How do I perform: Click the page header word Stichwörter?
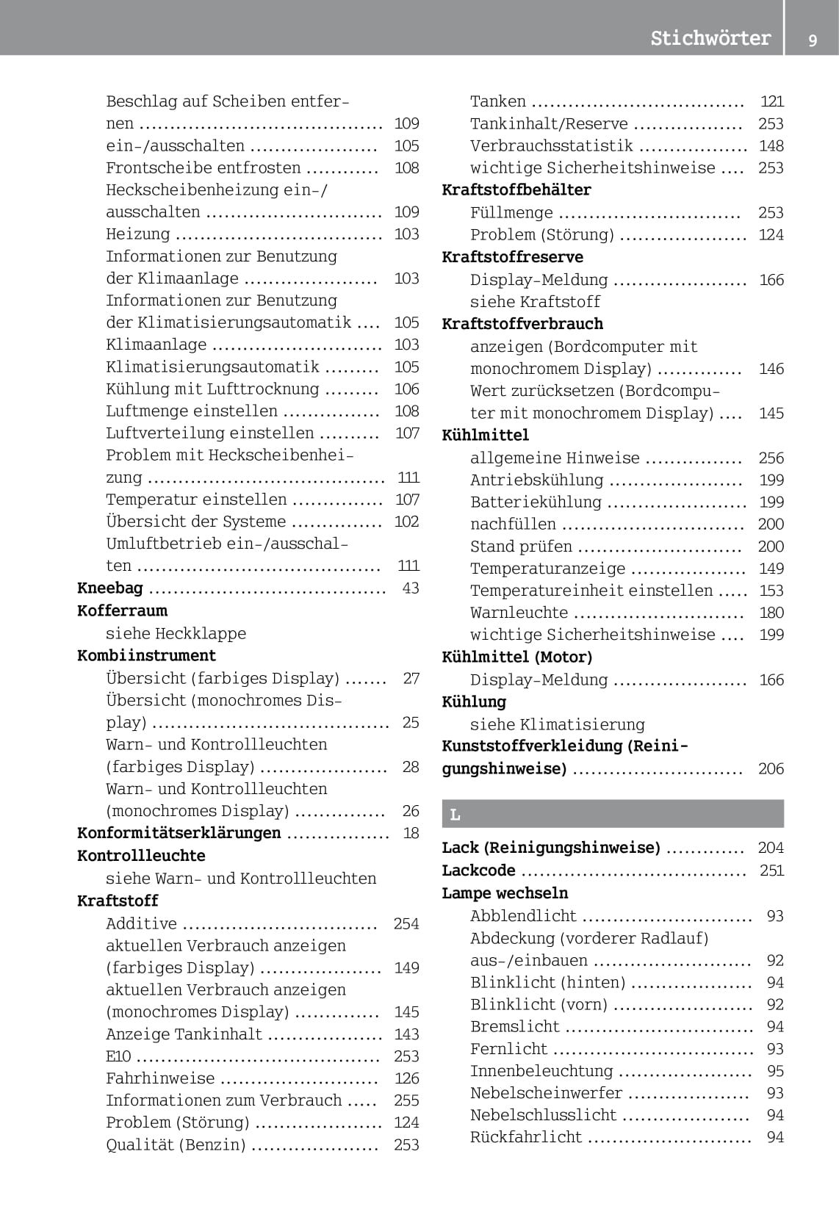(x=710, y=38)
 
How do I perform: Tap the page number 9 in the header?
(x=813, y=40)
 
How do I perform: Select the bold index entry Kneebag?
(x=110, y=588)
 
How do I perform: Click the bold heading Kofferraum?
(x=122, y=610)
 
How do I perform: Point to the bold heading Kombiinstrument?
(x=146, y=655)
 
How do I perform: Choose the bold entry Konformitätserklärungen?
(x=179, y=833)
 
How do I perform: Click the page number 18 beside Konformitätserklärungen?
(x=411, y=833)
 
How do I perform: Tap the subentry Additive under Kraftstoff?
(x=141, y=923)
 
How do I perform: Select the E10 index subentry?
(x=118, y=1056)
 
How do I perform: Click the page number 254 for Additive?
(x=406, y=923)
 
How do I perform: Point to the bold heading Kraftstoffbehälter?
(x=516, y=190)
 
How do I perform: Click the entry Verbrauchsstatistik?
(x=551, y=145)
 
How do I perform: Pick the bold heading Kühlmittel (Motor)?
(x=516, y=657)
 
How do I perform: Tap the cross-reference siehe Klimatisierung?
(x=557, y=724)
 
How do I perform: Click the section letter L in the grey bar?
(x=455, y=815)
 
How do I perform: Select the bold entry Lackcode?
(x=478, y=870)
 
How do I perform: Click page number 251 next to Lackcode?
(x=771, y=870)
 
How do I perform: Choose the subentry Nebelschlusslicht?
(x=543, y=1115)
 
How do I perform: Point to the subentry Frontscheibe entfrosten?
(x=203, y=167)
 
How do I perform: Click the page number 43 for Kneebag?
(x=411, y=588)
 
